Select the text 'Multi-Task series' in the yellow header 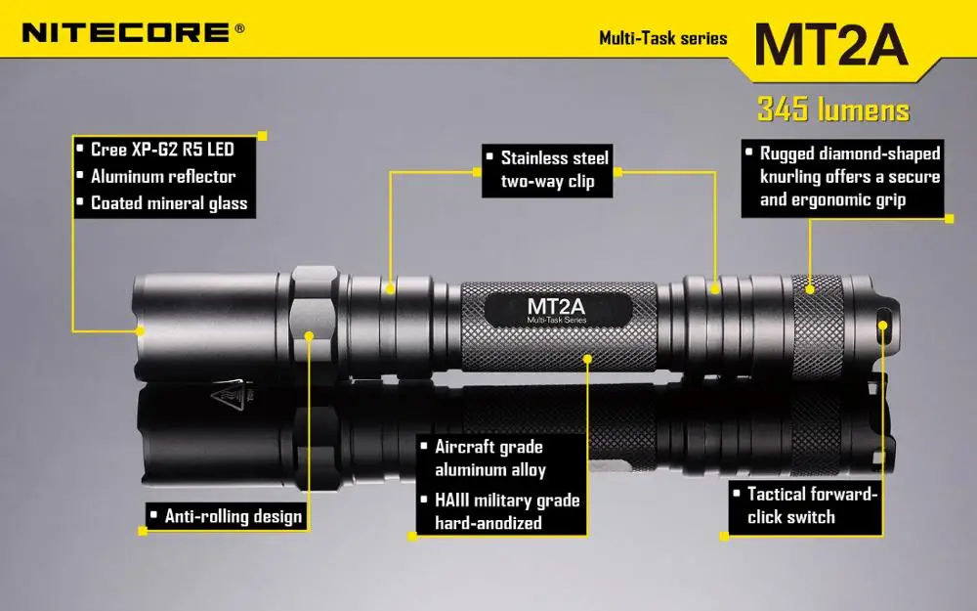663,38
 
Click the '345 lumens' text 833,109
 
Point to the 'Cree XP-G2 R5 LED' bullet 161,150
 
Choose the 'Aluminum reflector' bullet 162,177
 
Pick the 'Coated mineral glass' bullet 168,203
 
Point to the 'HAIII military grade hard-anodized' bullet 506,511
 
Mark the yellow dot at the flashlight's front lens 140,330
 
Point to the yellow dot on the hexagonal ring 309,336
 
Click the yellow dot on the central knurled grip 588,358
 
